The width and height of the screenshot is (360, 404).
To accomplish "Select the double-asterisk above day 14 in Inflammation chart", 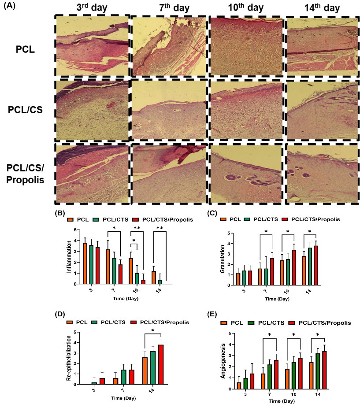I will pos(160,228).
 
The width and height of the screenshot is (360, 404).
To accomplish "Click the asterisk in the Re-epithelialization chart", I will pos(152,330).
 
